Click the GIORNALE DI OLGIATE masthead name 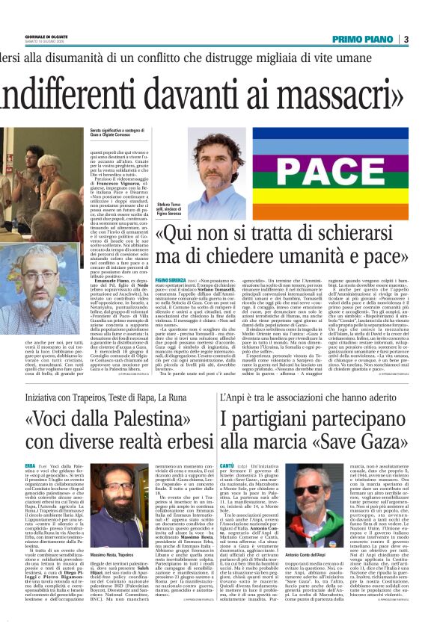pos(48,36)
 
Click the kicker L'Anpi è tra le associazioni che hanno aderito pos(308,397)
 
